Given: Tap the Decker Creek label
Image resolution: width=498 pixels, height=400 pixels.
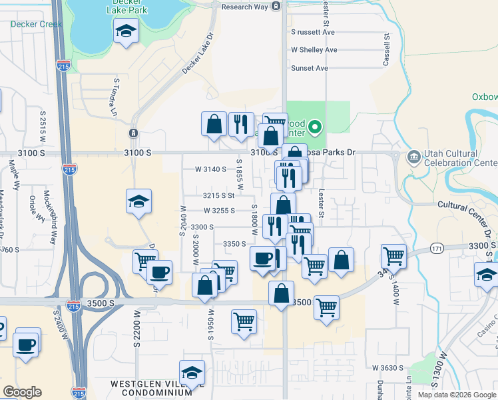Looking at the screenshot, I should tap(37, 24).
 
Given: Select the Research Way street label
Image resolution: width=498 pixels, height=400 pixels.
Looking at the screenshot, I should tap(244, 7).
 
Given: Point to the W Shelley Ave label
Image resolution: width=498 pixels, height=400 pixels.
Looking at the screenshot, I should tap(314, 50).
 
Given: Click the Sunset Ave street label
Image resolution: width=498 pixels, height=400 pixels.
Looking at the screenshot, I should tap(310, 68).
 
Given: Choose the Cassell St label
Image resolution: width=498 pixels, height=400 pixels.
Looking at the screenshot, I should tap(386, 51).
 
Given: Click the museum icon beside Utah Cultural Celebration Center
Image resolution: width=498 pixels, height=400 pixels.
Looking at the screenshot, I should tap(413, 157).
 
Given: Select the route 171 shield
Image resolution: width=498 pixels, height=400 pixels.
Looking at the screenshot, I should tap(436, 248).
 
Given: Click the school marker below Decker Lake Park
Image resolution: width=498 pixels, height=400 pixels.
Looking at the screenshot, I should tap(125, 31).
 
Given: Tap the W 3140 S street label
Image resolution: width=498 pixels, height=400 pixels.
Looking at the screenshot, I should tap(212, 169).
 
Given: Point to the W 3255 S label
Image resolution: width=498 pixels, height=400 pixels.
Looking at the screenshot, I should tap(220, 211).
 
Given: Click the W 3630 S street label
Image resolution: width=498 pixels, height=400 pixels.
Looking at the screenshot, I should tap(389, 367).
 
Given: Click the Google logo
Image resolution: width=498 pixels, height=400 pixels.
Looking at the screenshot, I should tap(22, 392).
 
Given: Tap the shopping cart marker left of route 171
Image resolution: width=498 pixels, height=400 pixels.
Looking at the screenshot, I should tap(393, 255).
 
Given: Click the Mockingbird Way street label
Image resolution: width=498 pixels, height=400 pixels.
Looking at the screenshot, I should tap(47, 207).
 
